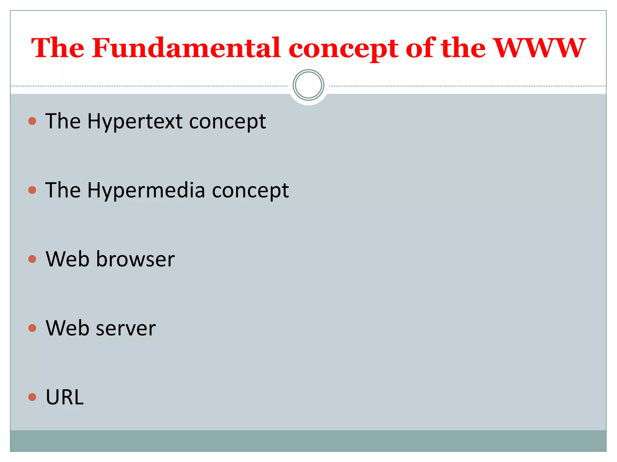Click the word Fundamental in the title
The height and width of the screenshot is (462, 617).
(186, 48)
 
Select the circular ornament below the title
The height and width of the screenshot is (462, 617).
(308, 85)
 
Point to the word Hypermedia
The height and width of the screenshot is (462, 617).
(146, 191)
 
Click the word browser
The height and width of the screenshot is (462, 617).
(135, 259)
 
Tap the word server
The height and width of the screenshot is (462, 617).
(126, 328)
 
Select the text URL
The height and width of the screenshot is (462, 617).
(64, 397)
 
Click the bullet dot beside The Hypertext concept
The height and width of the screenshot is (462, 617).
(32, 121)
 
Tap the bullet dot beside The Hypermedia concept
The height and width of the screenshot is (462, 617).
(32, 190)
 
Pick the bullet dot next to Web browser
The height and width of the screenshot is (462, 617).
(32, 259)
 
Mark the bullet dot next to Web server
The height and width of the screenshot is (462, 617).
(32, 328)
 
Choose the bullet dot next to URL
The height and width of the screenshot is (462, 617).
(32, 397)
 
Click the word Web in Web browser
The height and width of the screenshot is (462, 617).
(67, 259)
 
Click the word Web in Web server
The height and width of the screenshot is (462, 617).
(67, 328)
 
